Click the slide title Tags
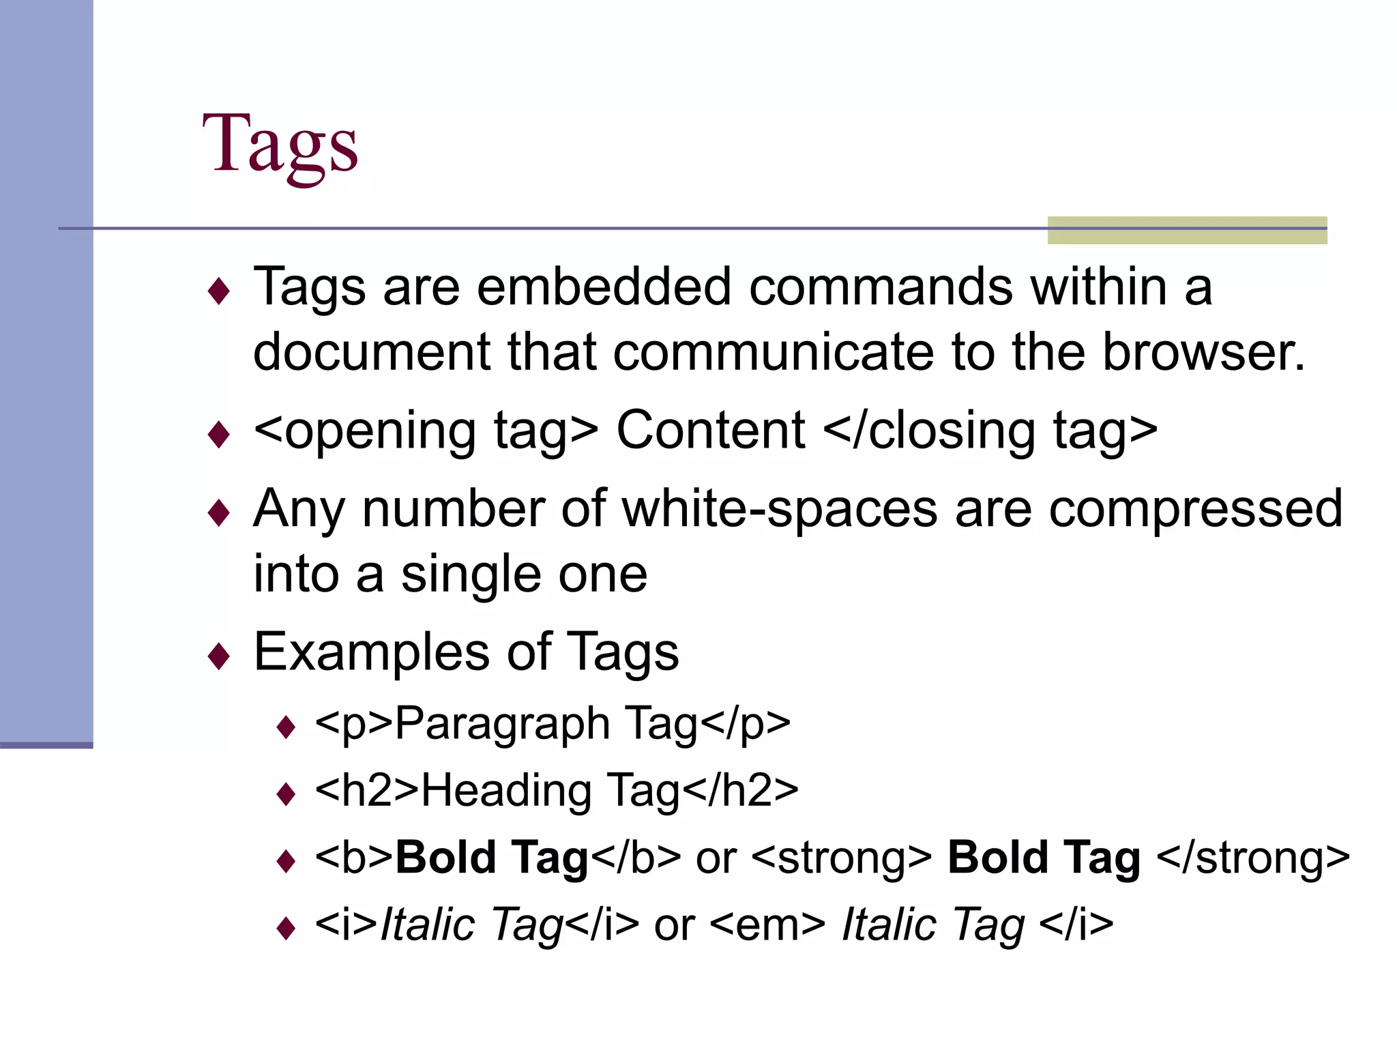coord(280,144)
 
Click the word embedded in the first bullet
coord(604,287)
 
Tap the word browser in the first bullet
coord(1203,352)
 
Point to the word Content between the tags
coord(711,431)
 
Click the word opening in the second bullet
coord(380,432)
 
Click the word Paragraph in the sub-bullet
coord(502,724)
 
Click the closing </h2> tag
coord(740,790)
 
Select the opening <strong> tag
coord(841,858)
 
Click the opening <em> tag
coord(767,925)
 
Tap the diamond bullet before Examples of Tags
coord(219,656)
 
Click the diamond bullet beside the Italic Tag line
coord(286,929)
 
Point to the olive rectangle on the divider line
coord(1187,230)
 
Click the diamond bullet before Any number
coord(219,512)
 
